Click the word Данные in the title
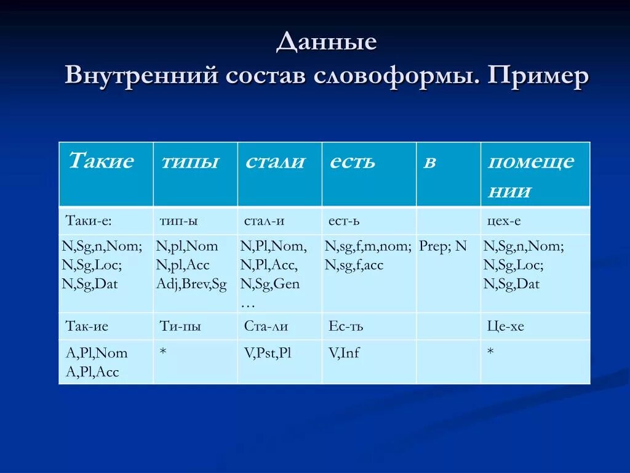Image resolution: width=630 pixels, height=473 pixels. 326,42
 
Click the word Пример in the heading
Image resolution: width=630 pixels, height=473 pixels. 538,76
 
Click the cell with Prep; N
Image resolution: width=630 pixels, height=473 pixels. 443,246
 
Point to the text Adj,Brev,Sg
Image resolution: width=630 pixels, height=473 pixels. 191,285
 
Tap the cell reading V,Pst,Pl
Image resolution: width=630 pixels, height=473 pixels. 267,353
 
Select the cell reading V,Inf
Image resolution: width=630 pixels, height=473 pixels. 344,353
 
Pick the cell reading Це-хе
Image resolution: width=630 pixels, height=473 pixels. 505,326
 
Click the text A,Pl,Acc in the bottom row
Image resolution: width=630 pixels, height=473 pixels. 92,372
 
